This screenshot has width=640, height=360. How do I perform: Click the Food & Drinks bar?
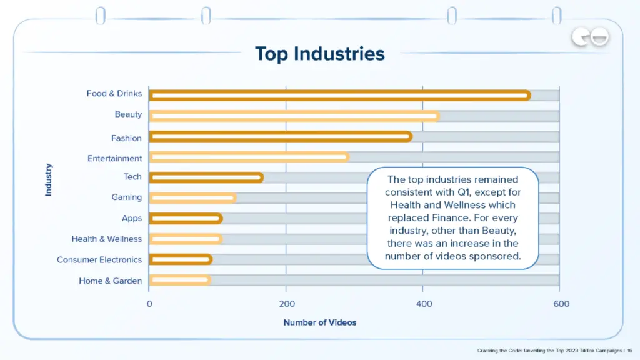tap(339, 96)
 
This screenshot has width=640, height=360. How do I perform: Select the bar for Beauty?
tap(294, 116)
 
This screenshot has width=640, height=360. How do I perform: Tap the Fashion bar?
tap(280, 137)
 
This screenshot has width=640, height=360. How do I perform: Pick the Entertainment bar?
tap(249, 157)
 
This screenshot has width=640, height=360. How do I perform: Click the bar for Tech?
tap(206, 177)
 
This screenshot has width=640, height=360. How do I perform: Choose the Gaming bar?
tap(192, 198)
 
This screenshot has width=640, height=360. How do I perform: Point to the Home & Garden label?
tap(110, 281)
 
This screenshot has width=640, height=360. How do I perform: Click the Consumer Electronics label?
tap(99, 259)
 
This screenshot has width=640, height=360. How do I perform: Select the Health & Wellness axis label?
tap(106, 239)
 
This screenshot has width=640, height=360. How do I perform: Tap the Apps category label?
tap(132, 218)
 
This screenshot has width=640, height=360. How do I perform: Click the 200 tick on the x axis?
tap(286, 304)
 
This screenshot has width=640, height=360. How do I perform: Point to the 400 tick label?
tap(422, 304)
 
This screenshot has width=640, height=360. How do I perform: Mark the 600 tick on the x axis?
tap(561, 304)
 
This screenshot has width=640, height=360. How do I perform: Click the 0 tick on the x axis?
tap(149, 304)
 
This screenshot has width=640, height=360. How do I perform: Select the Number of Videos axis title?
tap(320, 322)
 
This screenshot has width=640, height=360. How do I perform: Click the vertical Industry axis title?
tap(49, 180)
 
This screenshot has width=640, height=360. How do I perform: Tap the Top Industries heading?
tap(319, 54)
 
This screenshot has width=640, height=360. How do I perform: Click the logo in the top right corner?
tap(590, 39)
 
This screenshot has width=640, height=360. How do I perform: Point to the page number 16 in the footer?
tap(630, 351)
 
